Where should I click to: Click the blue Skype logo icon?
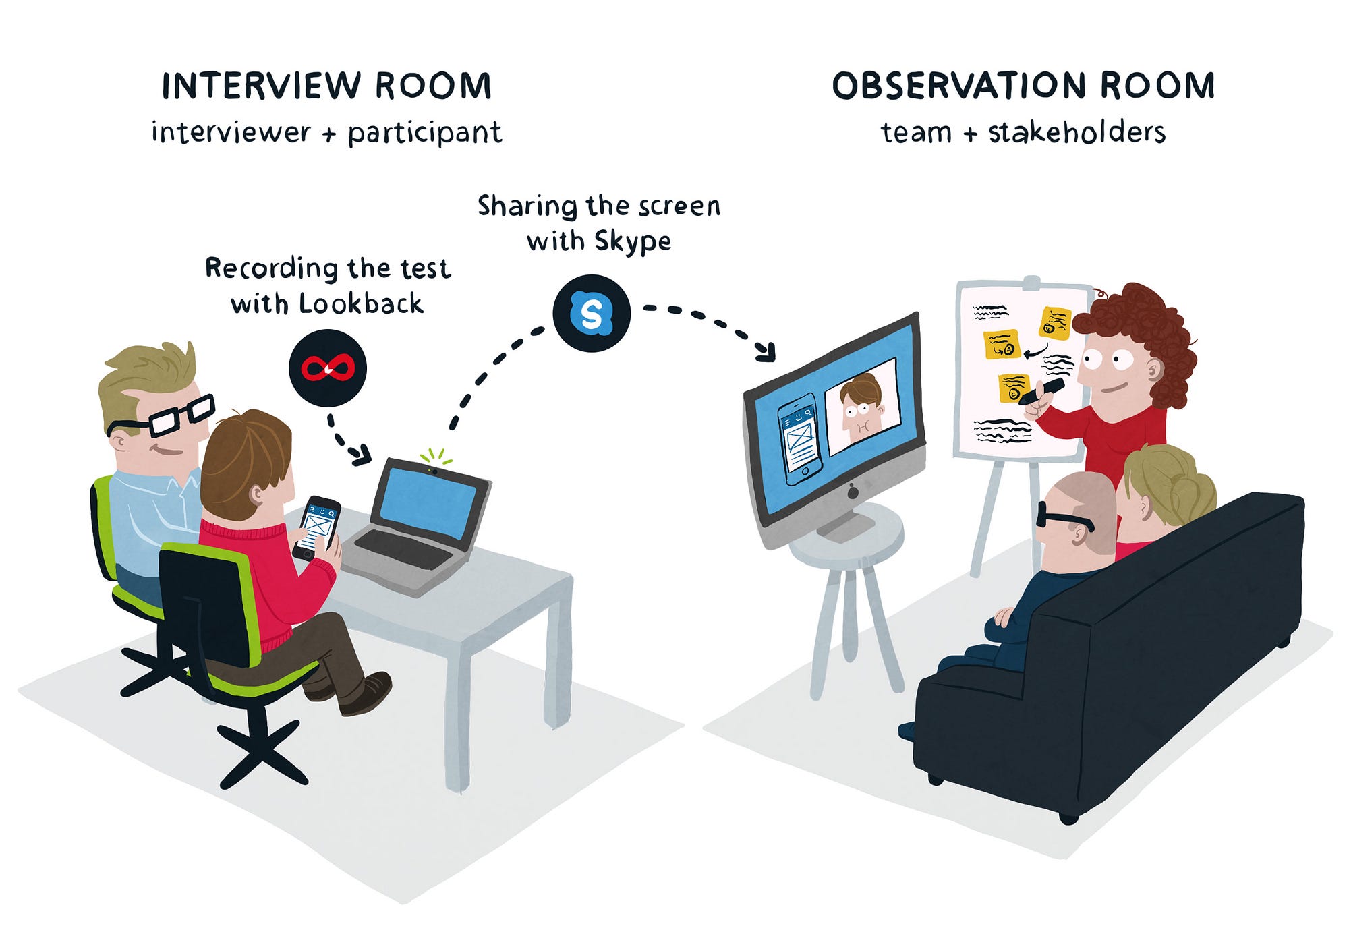pyautogui.click(x=592, y=314)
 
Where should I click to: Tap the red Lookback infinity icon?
pyautogui.click(x=328, y=368)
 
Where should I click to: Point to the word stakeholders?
pyautogui.click(x=1077, y=132)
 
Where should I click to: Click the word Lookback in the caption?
pyautogui.click(x=361, y=303)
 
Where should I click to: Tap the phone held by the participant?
pyautogui.click(x=316, y=528)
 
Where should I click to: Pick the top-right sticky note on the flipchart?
pyautogui.click(x=1055, y=322)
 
